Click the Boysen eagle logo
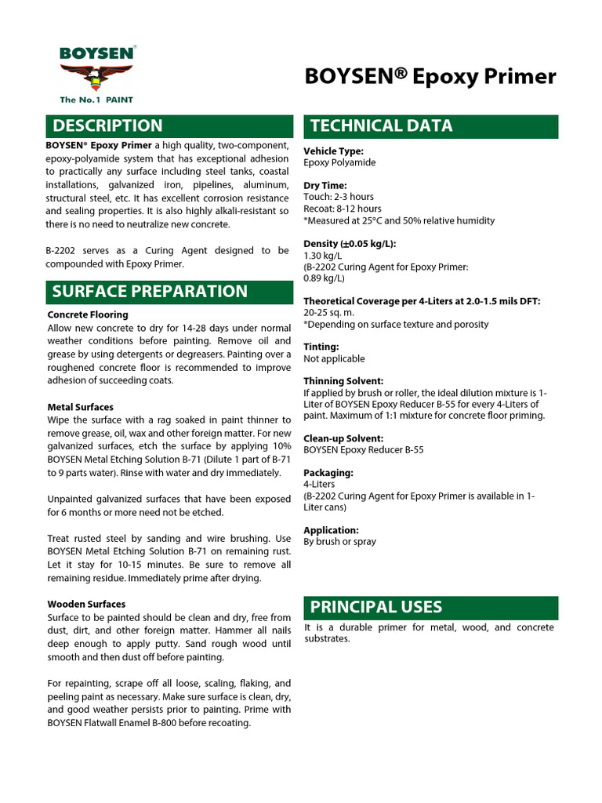point(98,77)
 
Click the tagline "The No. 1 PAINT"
point(98,100)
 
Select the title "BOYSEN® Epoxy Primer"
point(430,76)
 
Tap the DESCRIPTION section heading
point(107,125)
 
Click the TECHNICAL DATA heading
point(381,125)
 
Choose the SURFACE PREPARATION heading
point(149,292)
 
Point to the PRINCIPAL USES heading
point(376,607)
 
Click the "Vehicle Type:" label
point(333,151)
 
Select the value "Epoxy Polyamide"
point(339,162)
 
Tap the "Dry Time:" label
point(325,186)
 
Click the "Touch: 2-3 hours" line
point(339,197)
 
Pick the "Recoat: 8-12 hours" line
point(343,209)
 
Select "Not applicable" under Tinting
point(334,358)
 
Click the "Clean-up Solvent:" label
point(343,438)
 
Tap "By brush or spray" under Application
point(339,542)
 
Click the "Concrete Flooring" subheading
point(88,314)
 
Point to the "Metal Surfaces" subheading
point(80,407)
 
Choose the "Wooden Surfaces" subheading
point(86,605)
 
